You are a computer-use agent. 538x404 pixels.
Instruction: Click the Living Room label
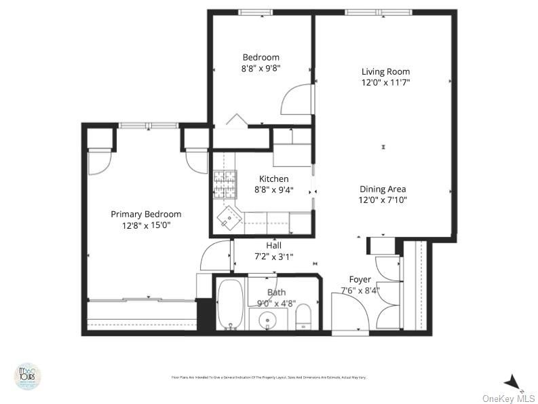coord(385,71)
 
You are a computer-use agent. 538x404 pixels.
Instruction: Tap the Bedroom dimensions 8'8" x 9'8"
coord(261,68)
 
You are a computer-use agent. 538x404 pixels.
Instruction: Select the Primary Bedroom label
coord(146,214)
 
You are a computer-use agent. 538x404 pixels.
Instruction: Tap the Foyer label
coord(360,279)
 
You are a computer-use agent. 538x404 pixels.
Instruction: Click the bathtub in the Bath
coord(229,304)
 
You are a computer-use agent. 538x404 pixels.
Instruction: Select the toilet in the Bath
coord(305,315)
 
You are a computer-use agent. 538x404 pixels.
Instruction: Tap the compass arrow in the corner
coord(514,382)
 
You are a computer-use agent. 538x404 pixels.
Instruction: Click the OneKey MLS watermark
coord(508,398)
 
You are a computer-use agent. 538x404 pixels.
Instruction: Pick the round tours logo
coord(28,376)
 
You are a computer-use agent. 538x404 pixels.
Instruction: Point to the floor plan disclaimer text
coord(269,377)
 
